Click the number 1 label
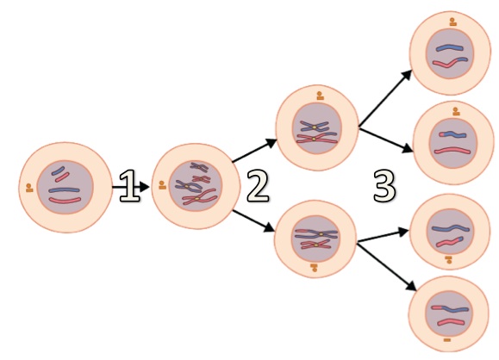[129, 186]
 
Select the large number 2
[258, 186]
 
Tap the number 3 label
[384, 186]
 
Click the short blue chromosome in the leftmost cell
[59, 171]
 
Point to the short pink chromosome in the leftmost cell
[62, 177]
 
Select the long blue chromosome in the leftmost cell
[64, 190]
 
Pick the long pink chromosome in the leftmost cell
[65, 201]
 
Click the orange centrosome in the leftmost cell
[29, 188]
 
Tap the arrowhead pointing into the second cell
[144, 187]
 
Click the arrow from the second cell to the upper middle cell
[254, 151]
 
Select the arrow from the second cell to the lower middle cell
[253, 221]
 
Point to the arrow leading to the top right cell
[386, 98]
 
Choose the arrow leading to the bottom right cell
[387, 266]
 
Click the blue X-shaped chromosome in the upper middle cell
[314, 127]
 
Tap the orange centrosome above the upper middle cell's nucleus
[320, 96]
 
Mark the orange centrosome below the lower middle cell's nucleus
[315, 268]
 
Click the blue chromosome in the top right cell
[450, 48]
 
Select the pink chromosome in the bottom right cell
[452, 322]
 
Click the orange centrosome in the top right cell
[452, 22]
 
